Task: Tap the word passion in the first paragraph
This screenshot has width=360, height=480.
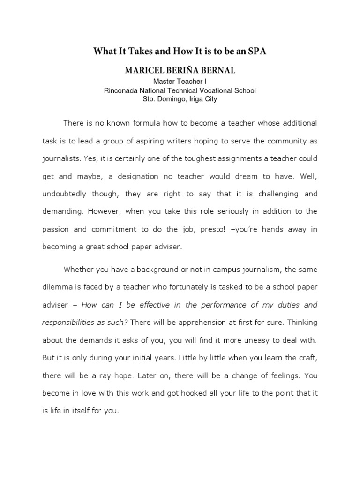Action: pos(56,229)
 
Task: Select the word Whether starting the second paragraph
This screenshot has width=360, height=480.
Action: pos(80,270)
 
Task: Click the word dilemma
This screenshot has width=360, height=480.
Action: pos(59,287)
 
